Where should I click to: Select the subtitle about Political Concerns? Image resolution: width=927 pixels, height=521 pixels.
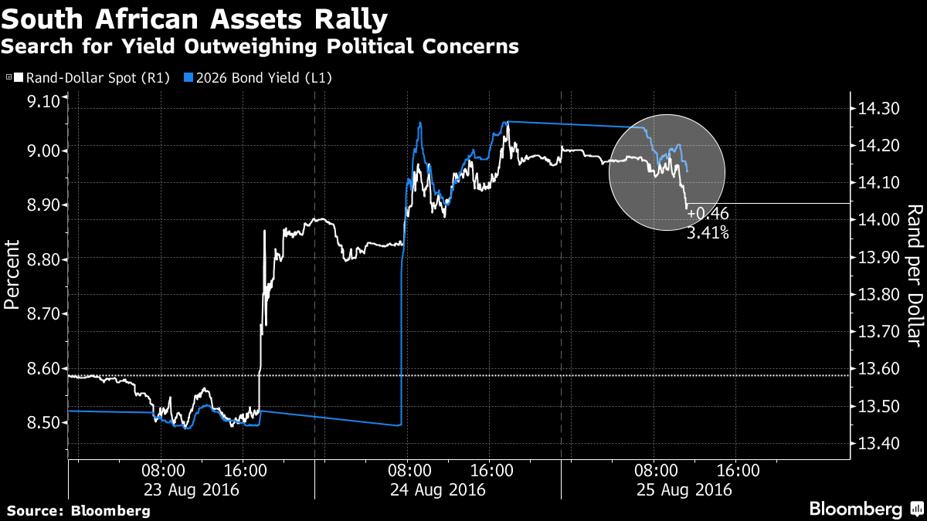[260, 46]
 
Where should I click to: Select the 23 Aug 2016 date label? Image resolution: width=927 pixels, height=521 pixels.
[190, 489]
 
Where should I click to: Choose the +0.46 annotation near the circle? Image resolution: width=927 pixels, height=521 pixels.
[708, 214]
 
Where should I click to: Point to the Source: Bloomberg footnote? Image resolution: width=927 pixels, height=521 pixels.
[79, 511]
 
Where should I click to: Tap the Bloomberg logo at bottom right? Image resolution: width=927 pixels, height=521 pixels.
[865, 509]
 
